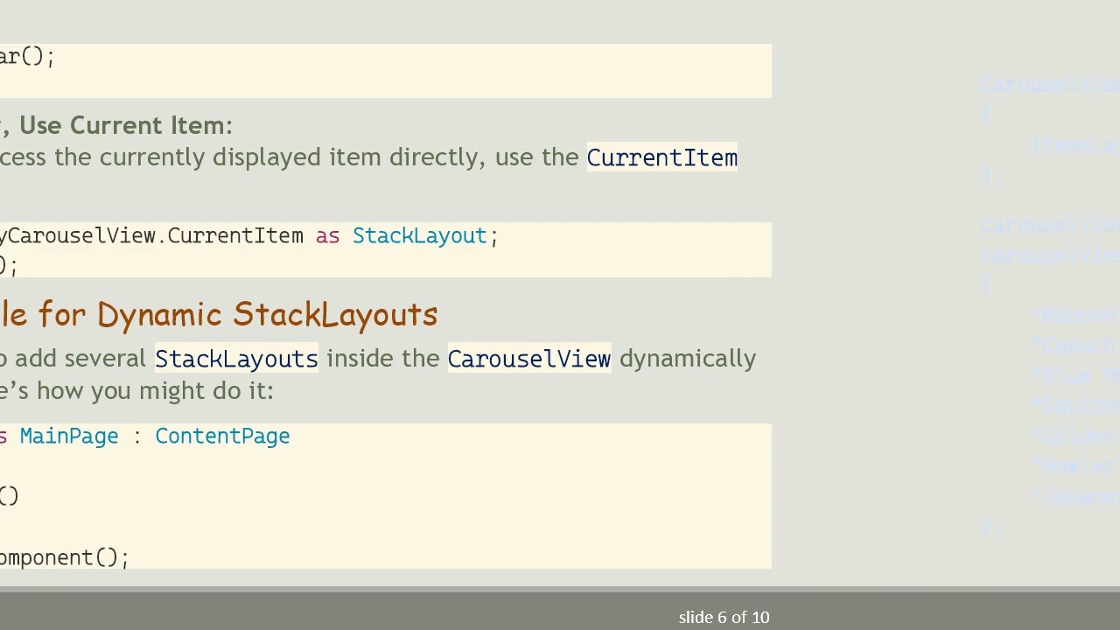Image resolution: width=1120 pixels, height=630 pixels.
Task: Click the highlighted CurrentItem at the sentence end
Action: (x=661, y=157)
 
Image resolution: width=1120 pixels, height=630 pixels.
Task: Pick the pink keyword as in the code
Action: (x=327, y=236)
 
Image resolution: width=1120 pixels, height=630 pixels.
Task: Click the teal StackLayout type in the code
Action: (x=419, y=236)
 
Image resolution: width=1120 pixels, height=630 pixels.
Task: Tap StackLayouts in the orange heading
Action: (x=335, y=315)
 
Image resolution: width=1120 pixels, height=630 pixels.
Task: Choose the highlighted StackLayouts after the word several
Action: (x=236, y=359)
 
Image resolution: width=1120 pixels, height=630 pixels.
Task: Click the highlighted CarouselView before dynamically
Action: (x=528, y=359)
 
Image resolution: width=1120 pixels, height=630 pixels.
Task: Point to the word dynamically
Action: (x=688, y=359)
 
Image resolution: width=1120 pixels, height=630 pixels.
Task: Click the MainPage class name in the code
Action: (x=68, y=437)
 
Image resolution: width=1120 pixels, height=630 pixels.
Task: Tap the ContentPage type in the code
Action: (x=222, y=437)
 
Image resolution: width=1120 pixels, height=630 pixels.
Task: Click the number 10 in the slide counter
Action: (x=759, y=618)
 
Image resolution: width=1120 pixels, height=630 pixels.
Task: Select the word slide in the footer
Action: (x=696, y=618)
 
